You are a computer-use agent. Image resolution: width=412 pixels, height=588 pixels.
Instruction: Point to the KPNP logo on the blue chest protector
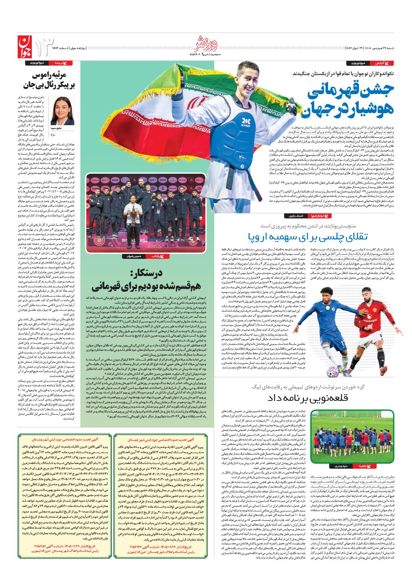click(x=246, y=122)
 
